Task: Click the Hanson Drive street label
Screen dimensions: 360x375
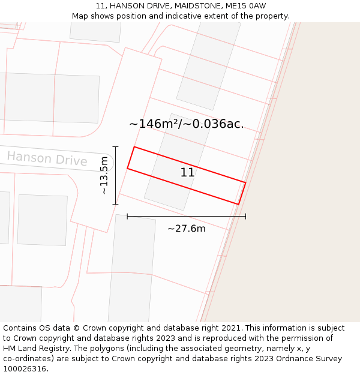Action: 47,159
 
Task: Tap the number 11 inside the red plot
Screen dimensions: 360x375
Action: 187,172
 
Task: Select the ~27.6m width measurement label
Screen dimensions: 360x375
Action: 186,229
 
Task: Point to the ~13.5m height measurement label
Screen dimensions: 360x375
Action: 104,175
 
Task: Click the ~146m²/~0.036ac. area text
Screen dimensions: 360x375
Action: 186,124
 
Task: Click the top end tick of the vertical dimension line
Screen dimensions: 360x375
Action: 115,146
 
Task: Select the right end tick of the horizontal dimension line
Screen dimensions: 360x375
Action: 245,216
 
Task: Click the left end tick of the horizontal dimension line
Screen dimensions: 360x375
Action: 127,216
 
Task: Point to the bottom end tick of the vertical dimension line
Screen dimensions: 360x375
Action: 115,204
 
